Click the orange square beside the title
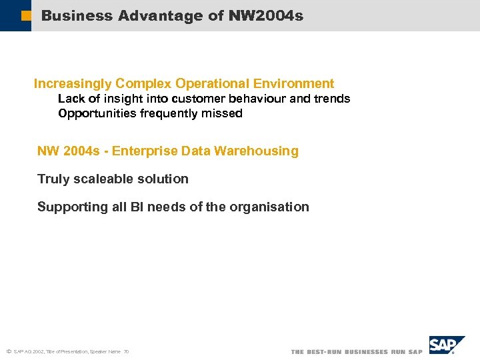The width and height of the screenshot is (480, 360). click(26, 15)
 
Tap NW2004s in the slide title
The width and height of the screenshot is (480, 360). click(265, 15)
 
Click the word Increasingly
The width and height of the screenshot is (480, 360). click(73, 83)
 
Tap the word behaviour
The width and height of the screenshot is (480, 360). click(257, 99)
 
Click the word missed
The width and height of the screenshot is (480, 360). click(224, 113)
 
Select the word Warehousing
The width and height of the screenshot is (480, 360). click(260, 151)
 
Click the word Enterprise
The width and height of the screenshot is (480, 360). click(140, 151)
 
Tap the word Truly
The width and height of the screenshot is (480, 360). click(53, 179)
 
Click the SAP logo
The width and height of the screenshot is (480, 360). click(445, 345)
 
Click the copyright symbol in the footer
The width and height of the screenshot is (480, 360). click(8, 351)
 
